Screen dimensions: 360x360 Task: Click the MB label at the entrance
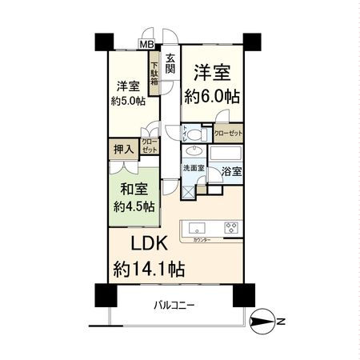pyautogui.click(x=147, y=45)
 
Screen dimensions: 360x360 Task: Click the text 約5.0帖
pyautogui.click(x=127, y=101)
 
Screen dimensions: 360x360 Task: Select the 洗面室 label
pyautogui.click(x=193, y=169)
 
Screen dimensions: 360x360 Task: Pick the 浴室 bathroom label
pyautogui.click(x=230, y=170)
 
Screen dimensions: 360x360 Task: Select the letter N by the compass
pyautogui.click(x=281, y=322)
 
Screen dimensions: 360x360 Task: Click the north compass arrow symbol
pyautogui.click(x=262, y=322)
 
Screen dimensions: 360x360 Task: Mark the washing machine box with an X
pyautogui.click(x=188, y=190)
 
